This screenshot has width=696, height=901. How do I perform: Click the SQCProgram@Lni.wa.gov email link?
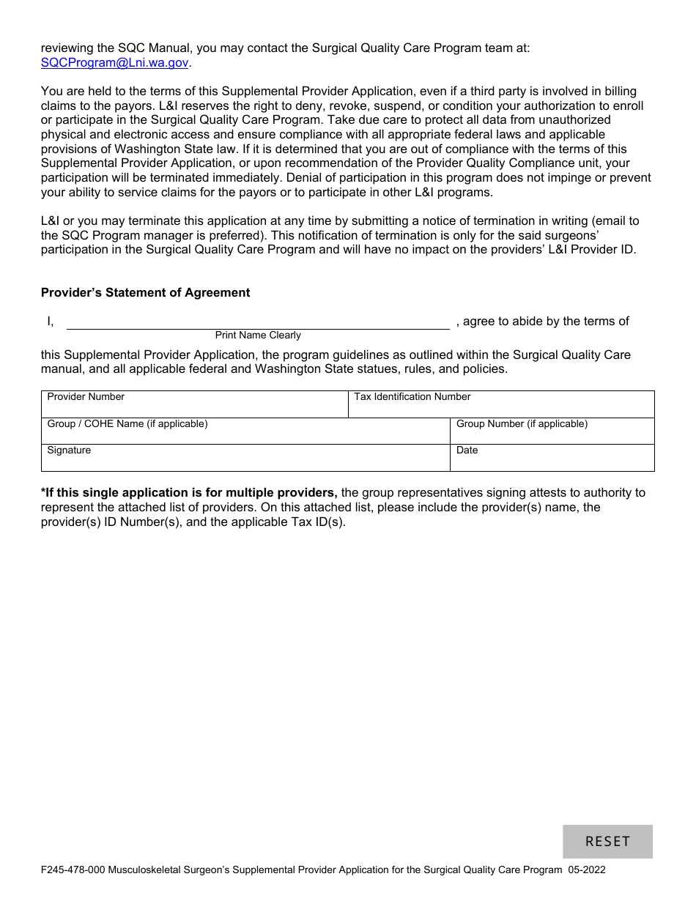tap(115, 63)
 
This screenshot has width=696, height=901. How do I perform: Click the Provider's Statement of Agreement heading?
tap(145, 292)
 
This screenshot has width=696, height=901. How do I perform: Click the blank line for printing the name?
tap(258, 322)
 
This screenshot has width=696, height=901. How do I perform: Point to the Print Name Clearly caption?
tap(258, 335)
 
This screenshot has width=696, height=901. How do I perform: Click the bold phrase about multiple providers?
tap(189, 492)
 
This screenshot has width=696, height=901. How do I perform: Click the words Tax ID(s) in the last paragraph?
tap(317, 522)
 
